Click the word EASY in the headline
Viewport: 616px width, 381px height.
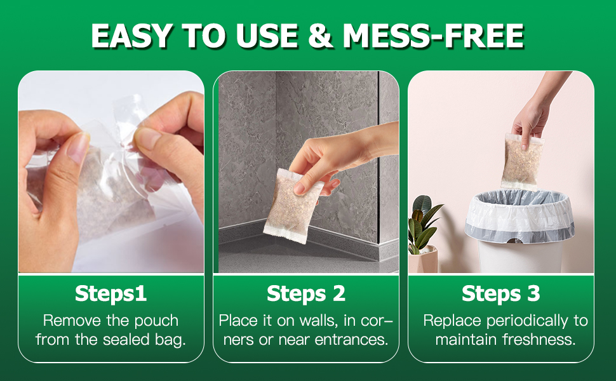click(131, 36)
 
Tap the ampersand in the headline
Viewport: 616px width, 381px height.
click(320, 36)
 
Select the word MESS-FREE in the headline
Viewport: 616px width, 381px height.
click(433, 36)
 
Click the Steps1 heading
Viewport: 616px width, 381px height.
click(110, 294)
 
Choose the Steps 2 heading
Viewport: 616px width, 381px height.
click(306, 294)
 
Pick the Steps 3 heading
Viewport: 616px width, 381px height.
click(501, 294)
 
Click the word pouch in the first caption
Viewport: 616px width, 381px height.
click(156, 321)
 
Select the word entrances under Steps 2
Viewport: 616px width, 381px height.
click(352, 340)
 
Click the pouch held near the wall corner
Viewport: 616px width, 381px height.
click(291, 206)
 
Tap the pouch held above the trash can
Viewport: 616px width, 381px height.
click(522, 161)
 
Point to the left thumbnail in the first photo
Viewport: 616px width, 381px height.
click(77, 148)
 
